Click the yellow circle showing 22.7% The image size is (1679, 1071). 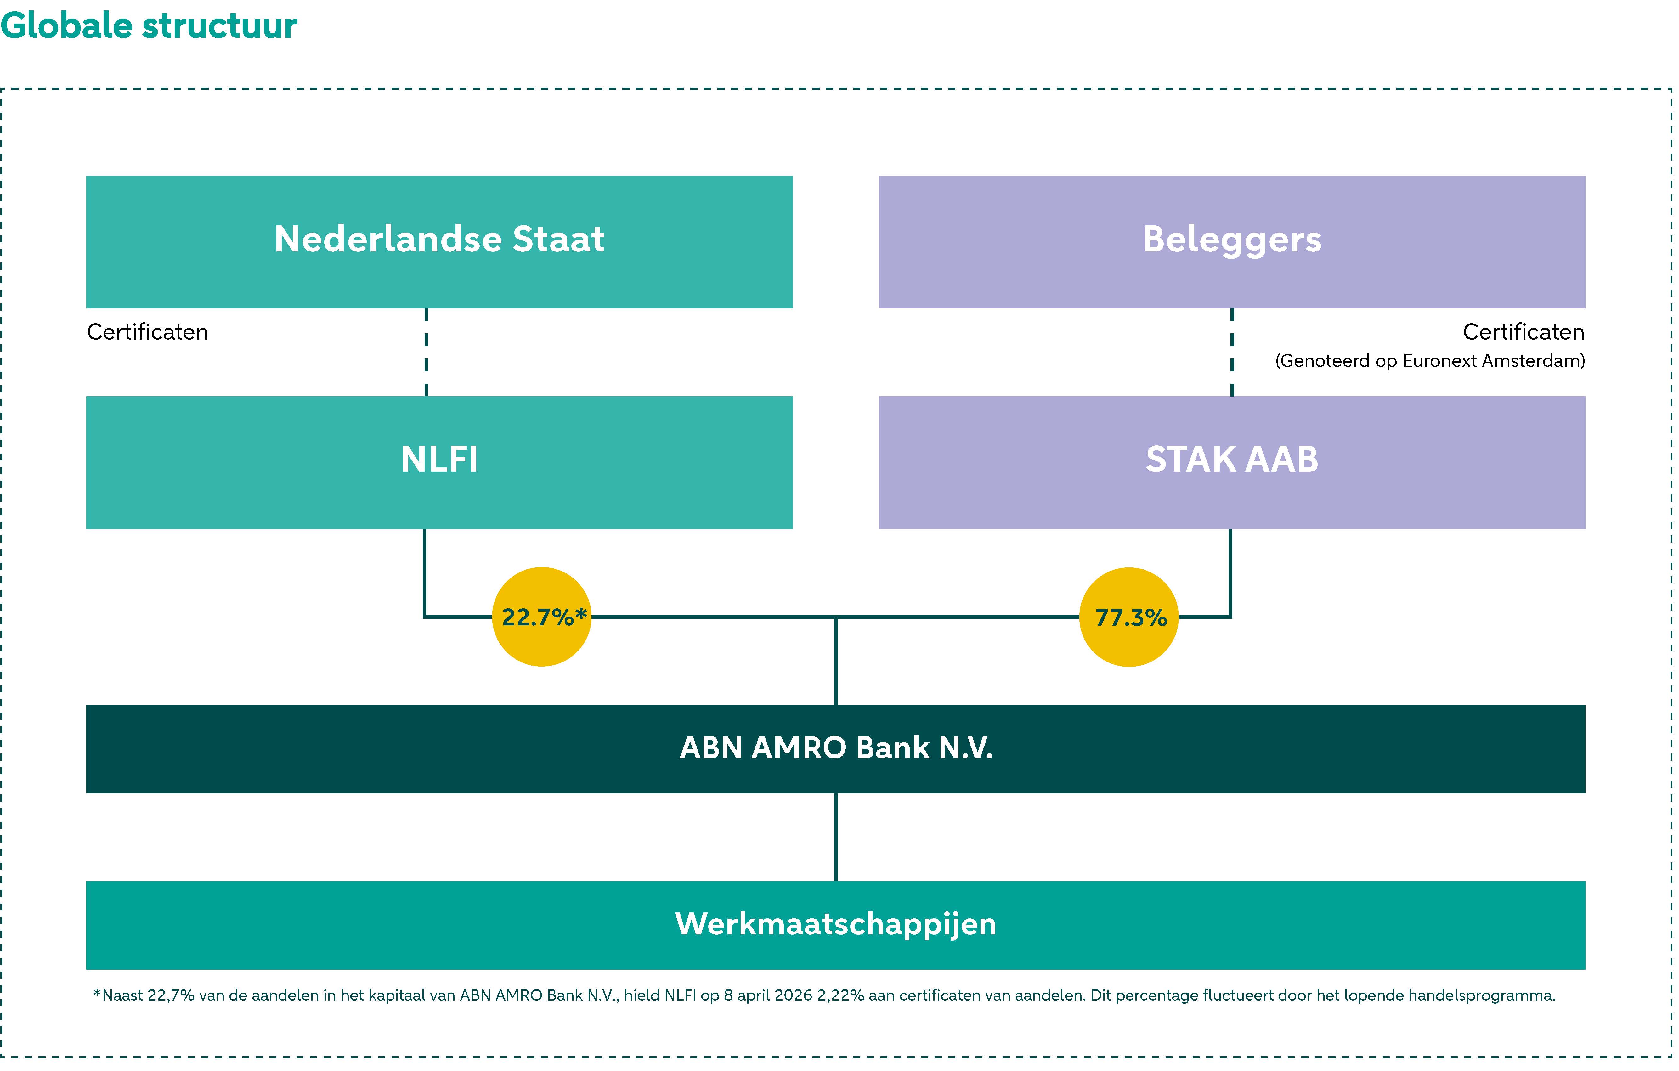click(542, 617)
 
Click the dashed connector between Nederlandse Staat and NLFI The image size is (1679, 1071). click(426, 352)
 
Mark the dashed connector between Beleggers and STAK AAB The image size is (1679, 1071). click(1232, 352)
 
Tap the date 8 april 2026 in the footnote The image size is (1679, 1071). click(768, 996)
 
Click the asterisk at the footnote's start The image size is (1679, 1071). click(97, 994)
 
